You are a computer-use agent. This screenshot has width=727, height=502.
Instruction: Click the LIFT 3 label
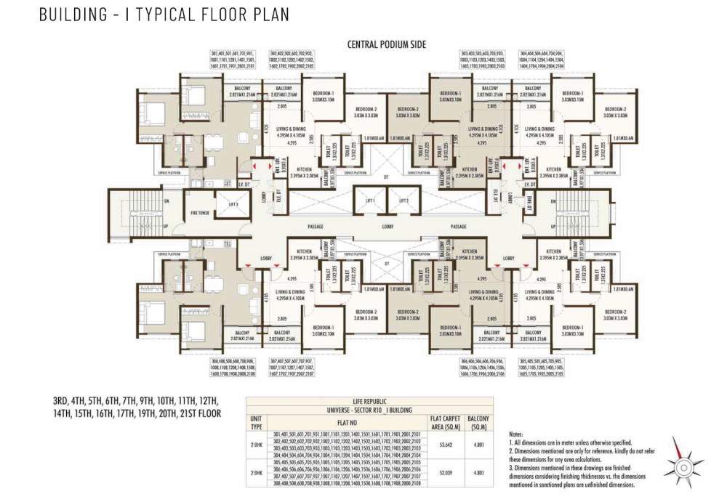click(x=233, y=206)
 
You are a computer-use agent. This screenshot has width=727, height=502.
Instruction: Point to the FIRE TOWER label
click(x=200, y=214)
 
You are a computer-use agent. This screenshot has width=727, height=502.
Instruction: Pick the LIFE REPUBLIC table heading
click(x=370, y=401)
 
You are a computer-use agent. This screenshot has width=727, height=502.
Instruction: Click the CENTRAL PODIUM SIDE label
click(x=386, y=44)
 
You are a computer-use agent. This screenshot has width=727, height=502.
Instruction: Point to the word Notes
click(x=518, y=434)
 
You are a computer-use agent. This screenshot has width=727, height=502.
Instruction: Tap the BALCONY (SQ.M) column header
click(x=478, y=421)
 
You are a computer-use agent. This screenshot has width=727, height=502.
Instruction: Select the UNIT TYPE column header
click(x=256, y=421)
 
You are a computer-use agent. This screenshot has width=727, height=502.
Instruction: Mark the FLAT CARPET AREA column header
click(x=446, y=421)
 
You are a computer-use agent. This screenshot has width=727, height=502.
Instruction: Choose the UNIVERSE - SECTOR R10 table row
click(x=370, y=410)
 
